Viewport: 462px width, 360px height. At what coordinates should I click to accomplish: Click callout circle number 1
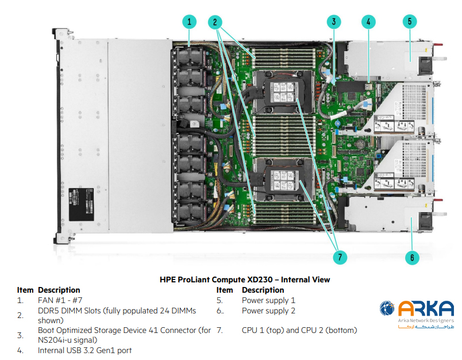click(190, 22)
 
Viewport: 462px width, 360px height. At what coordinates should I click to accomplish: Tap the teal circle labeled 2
click(215, 22)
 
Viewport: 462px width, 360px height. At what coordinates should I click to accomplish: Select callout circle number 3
click(333, 22)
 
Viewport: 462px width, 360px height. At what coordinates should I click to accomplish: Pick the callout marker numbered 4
click(368, 22)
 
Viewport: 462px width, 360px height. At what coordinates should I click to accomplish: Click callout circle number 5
click(409, 22)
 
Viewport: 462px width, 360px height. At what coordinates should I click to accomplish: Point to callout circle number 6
click(411, 257)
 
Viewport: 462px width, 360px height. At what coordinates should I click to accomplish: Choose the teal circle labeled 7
click(342, 257)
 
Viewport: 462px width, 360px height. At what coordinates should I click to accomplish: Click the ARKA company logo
click(417, 315)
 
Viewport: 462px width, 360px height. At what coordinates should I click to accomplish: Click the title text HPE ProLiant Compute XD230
click(245, 280)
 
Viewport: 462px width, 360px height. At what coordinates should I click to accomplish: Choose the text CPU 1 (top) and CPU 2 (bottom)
click(299, 330)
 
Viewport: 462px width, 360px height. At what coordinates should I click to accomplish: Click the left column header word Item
click(25, 290)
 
